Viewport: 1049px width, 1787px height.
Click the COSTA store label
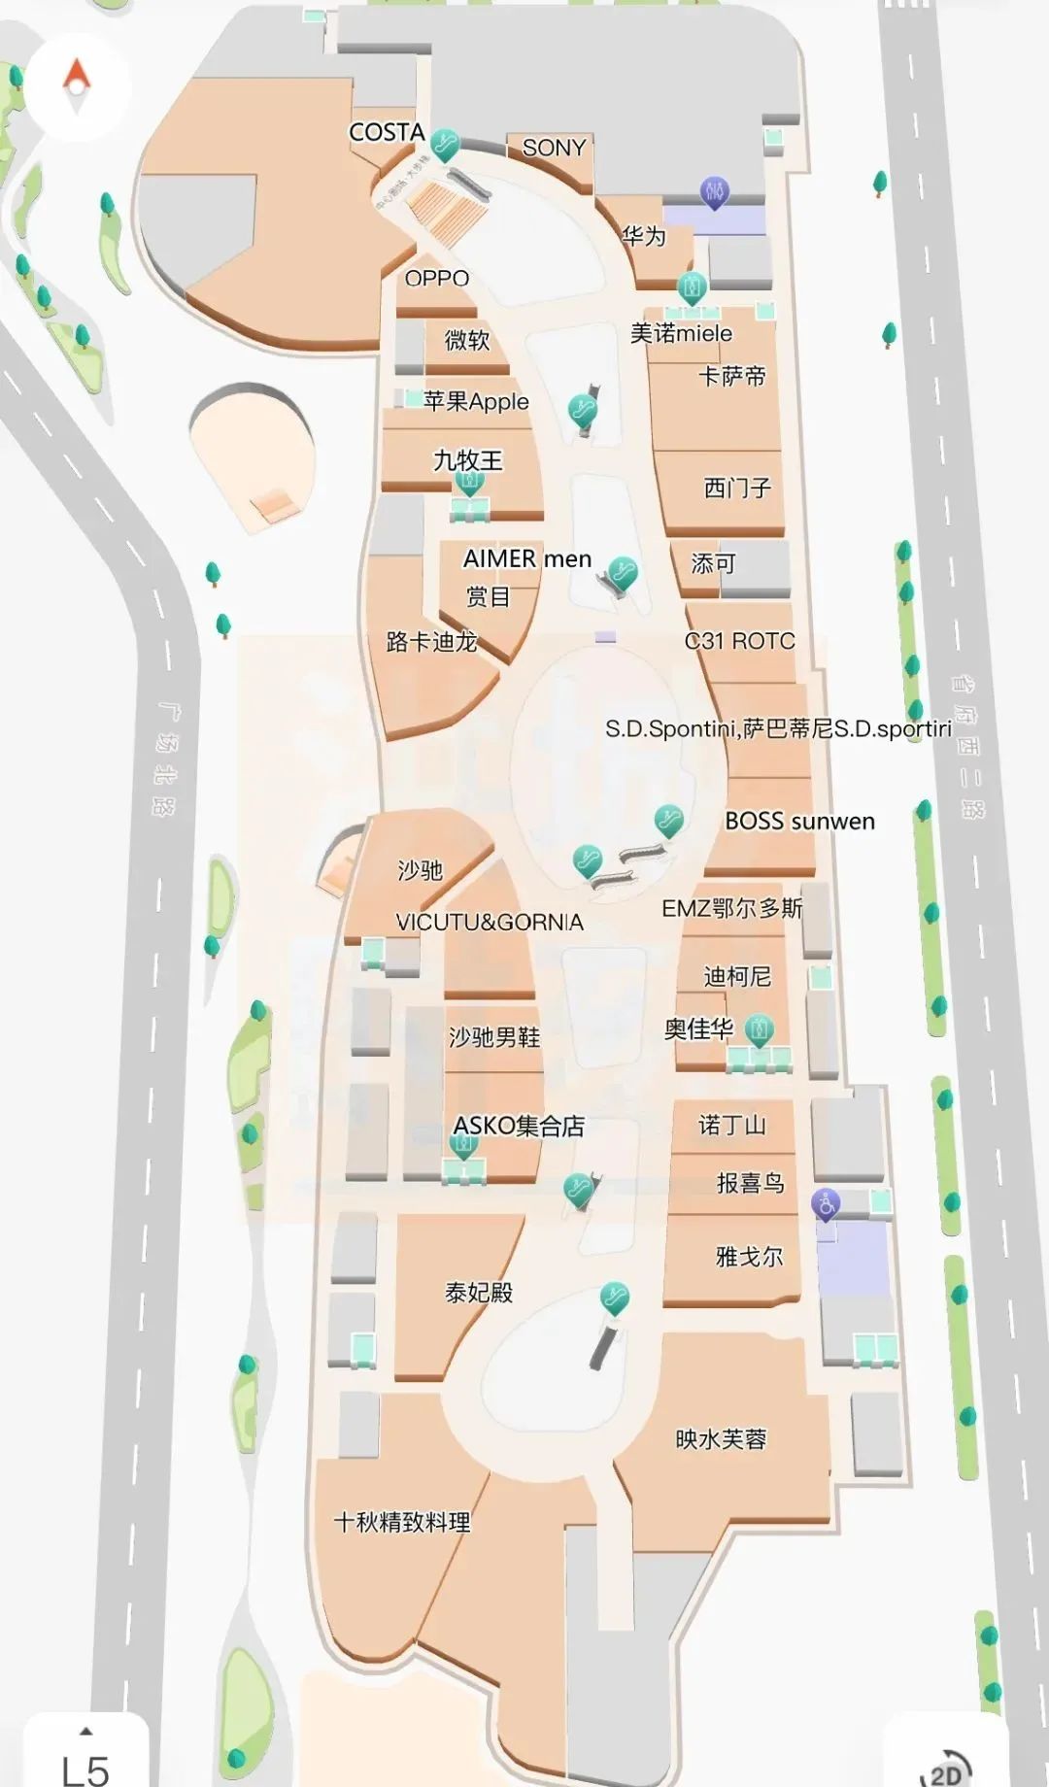click(x=387, y=132)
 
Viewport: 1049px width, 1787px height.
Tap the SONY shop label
click(x=554, y=148)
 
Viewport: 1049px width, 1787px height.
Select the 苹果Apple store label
click(x=476, y=401)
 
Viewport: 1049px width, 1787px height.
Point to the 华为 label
click(x=644, y=235)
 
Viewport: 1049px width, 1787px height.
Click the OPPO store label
click(x=437, y=279)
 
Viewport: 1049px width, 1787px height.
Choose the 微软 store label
click(x=467, y=340)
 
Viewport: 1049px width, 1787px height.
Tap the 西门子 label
click(x=737, y=487)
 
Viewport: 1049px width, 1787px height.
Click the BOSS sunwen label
click(x=799, y=822)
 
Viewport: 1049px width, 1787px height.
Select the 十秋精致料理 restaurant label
click(x=402, y=1522)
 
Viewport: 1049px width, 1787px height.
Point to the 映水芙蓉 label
click(x=721, y=1438)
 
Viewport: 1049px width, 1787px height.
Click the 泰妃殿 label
click(x=479, y=1293)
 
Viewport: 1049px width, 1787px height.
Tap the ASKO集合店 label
click(x=519, y=1126)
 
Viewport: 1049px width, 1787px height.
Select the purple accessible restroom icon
click(x=826, y=1204)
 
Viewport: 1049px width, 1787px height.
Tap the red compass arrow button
click(x=76, y=78)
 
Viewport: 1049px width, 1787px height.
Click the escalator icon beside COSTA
click(x=445, y=145)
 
